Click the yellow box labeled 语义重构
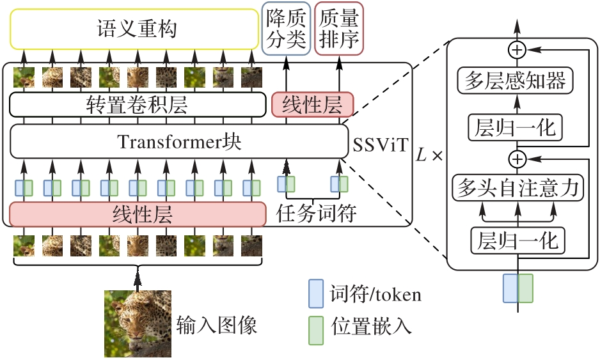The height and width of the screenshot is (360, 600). pos(134,30)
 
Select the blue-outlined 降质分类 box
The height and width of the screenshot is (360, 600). pos(285,29)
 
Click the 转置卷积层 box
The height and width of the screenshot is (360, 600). pos(137,105)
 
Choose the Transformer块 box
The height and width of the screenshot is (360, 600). pos(179,141)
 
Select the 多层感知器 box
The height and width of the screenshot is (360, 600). pos(516,81)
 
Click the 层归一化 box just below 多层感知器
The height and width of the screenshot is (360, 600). pos(516,127)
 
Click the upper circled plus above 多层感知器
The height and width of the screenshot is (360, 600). pos(516,49)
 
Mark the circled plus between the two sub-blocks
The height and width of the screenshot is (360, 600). pos(516,157)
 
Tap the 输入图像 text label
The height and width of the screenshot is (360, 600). pos(216,326)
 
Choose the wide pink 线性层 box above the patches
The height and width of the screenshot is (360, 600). pos(137,213)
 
